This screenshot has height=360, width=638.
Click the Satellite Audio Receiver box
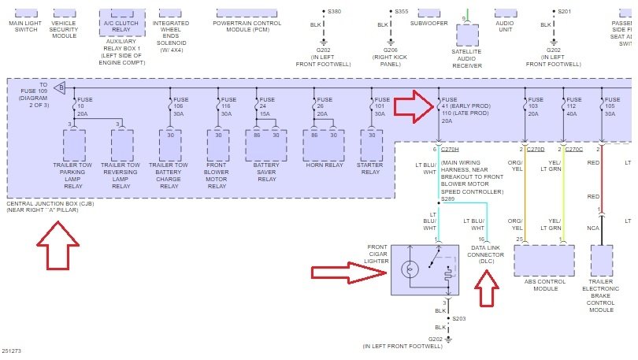click(x=468, y=35)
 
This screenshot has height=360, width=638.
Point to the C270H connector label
click(x=451, y=148)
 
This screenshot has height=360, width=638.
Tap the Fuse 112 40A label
click(x=574, y=106)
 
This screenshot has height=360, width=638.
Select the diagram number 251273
click(x=13, y=351)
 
